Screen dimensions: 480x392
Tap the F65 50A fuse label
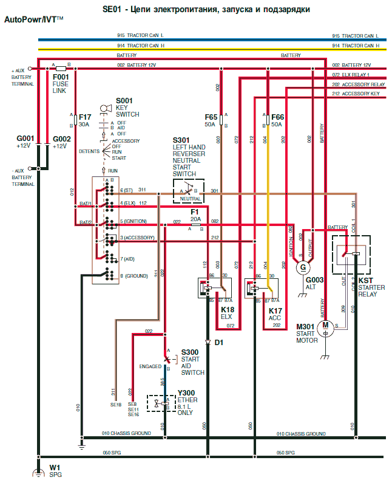pos(211,120)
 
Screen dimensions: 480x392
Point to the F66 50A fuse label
pos(277,120)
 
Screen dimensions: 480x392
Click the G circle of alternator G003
pos(302,267)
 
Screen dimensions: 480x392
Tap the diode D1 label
pos(219,343)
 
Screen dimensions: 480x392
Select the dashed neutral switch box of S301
pos(189,191)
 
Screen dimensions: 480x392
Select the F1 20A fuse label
pos(195,216)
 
